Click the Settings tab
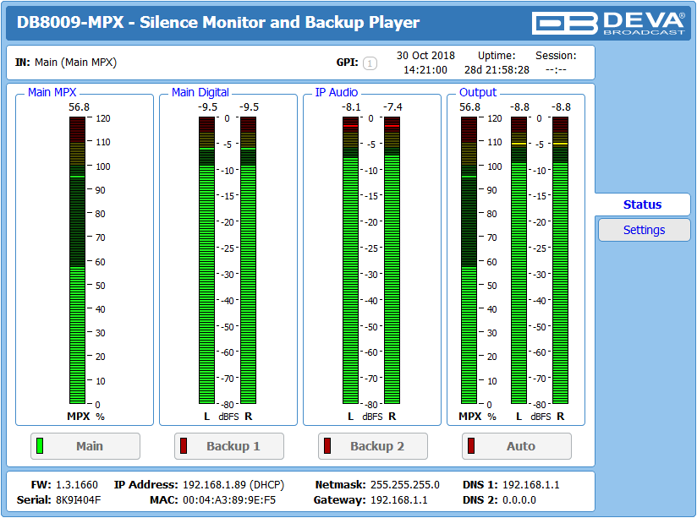click(x=644, y=230)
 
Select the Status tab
click(x=642, y=204)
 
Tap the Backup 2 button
click(x=372, y=446)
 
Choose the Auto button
click(x=517, y=446)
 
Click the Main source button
click(x=85, y=446)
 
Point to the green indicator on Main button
click(x=40, y=445)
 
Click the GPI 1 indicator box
click(x=370, y=63)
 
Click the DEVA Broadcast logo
click(x=608, y=23)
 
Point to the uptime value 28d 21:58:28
click(x=497, y=70)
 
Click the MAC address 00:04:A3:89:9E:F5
click(x=229, y=500)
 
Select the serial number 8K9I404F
click(x=78, y=500)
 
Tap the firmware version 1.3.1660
click(x=76, y=485)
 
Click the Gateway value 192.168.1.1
click(x=398, y=500)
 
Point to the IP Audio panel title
click(x=337, y=92)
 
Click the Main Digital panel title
click(x=200, y=92)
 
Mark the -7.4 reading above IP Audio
click(x=393, y=107)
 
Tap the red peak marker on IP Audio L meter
click(x=350, y=126)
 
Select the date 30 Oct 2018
click(x=425, y=56)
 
